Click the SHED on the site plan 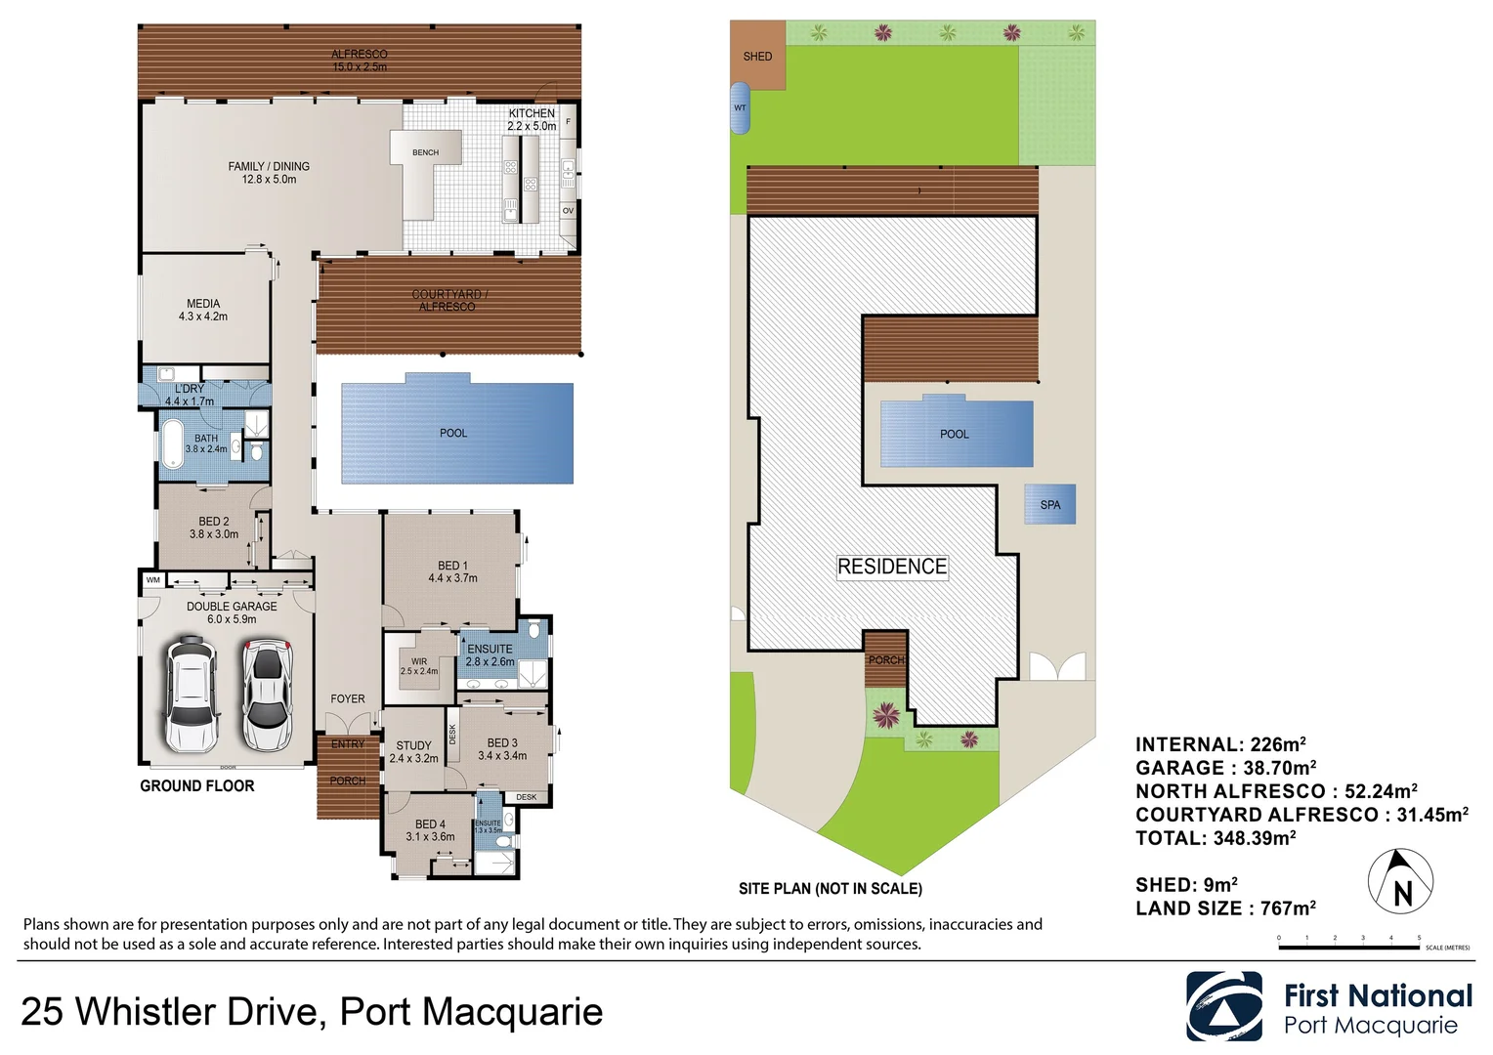point(757,56)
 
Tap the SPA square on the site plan point(1050,505)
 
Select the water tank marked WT point(741,107)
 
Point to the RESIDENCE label point(892,567)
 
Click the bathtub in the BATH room point(173,444)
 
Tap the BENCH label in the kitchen point(425,152)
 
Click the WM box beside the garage point(152,580)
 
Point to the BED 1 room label point(452,571)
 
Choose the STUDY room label point(413,751)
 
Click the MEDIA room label point(203,310)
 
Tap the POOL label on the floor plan point(453,433)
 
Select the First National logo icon point(1223,1006)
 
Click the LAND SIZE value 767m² point(1288,908)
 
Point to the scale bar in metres point(1348,947)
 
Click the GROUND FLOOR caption point(197,786)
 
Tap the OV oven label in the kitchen point(568,210)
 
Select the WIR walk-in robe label point(419,666)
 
